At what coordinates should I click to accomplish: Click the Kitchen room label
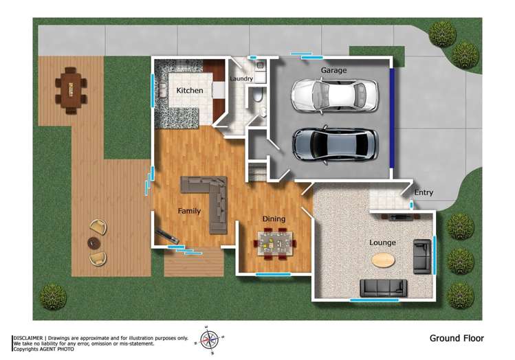click(x=189, y=91)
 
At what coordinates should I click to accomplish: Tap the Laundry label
click(x=241, y=79)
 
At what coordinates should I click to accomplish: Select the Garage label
click(x=333, y=70)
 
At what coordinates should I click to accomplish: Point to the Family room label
click(x=189, y=211)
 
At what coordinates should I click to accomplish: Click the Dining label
click(x=274, y=219)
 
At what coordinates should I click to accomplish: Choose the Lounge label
click(x=382, y=243)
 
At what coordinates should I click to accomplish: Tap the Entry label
click(x=424, y=193)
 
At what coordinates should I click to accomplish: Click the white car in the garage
click(x=334, y=95)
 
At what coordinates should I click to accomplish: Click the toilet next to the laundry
click(x=256, y=96)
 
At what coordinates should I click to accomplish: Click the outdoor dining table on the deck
click(x=70, y=90)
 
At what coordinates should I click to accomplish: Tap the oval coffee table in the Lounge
click(x=384, y=260)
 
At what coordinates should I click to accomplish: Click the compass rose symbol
click(x=209, y=339)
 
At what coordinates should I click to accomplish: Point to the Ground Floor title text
click(x=457, y=338)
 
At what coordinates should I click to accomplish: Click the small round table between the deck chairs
click(x=94, y=243)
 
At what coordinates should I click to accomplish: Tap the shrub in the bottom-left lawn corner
click(x=53, y=296)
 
